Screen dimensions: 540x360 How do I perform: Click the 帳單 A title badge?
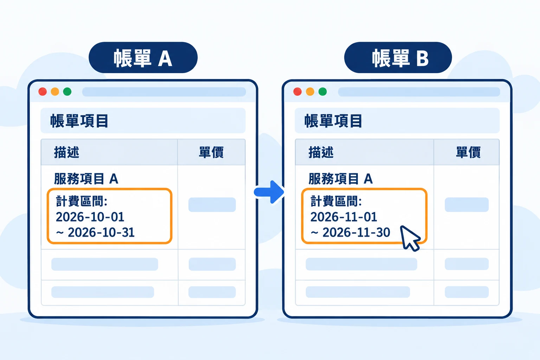coord(143,57)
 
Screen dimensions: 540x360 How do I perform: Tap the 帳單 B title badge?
coord(398,57)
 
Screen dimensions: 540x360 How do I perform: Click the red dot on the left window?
coord(43,92)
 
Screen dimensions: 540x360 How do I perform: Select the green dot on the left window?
coord(67,92)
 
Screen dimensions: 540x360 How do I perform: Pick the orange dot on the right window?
coord(310,92)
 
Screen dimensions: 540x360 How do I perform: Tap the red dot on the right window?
coord(297,92)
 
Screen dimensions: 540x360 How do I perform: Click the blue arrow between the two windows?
coord(269,192)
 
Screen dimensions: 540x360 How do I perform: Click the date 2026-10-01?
coord(90,217)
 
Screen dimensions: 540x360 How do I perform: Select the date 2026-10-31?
coord(101,232)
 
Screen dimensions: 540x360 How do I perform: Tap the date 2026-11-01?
coord(344,217)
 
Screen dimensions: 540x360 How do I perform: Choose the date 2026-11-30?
coord(356,232)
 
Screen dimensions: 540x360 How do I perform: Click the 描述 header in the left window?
coord(66,152)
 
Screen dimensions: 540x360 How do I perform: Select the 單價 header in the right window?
coord(468,152)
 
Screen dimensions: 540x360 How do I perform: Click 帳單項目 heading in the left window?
coord(79,121)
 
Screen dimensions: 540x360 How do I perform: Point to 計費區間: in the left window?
coord(82,201)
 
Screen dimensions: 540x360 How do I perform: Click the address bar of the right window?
coord(419,92)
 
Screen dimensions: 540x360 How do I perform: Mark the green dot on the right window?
coord(322,92)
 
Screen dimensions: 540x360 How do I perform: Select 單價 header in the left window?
coord(211,152)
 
